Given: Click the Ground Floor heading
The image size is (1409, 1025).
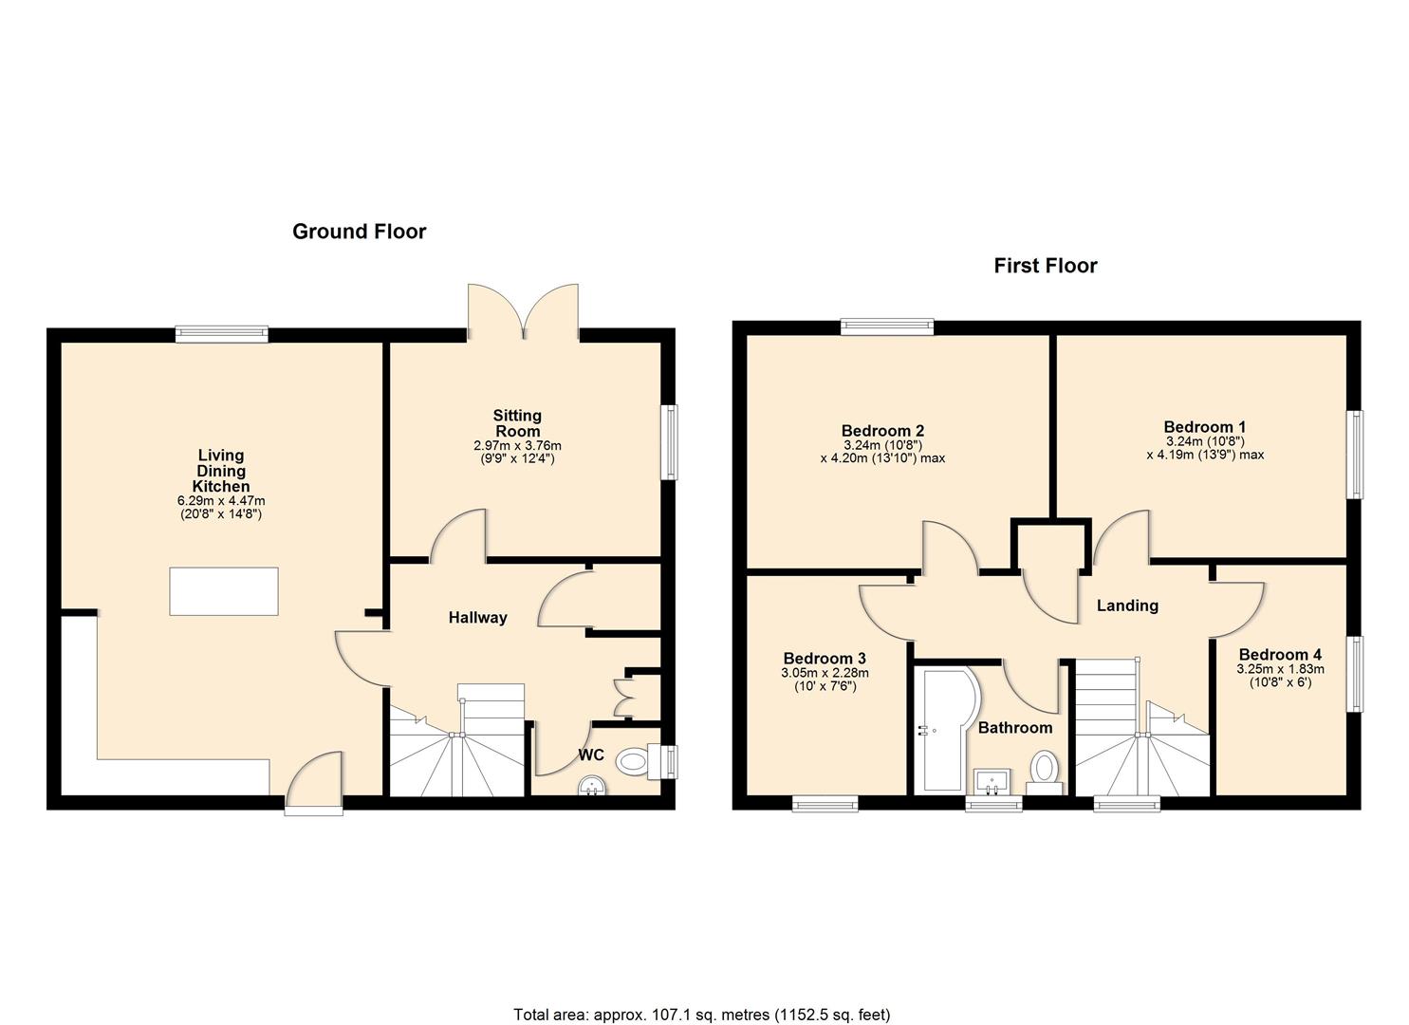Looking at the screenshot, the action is (x=360, y=232).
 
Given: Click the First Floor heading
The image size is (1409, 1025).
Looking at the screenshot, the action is (x=1046, y=266).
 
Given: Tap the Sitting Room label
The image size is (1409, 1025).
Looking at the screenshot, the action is (x=517, y=423).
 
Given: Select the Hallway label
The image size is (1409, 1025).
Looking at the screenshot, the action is (x=477, y=617).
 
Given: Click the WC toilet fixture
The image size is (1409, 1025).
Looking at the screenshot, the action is (x=640, y=762).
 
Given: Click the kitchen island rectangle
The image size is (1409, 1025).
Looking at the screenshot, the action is (x=224, y=591).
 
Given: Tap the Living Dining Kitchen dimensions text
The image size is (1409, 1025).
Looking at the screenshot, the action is (x=221, y=507).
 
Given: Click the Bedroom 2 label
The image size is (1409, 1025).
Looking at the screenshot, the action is (x=882, y=431).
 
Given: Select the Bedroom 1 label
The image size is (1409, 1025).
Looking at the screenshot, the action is (x=1205, y=427).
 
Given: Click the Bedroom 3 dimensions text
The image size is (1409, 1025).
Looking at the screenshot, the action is (x=825, y=679).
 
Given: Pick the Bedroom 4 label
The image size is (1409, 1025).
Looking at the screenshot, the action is (x=1280, y=655).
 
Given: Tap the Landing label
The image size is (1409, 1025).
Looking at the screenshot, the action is (x=1127, y=606).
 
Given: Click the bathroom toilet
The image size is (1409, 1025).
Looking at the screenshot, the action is (x=1045, y=772).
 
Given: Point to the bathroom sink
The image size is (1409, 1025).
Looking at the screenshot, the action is (x=992, y=781).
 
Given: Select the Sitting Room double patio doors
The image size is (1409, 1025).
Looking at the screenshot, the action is (x=523, y=311).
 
